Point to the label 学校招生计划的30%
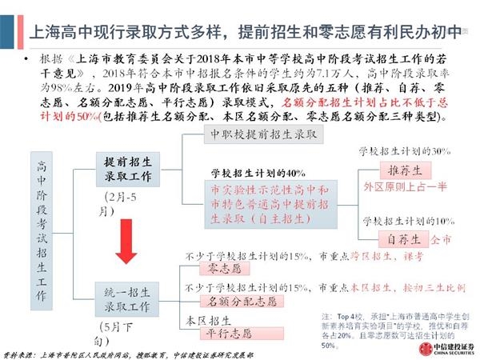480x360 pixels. pyautogui.click(x=406, y=151)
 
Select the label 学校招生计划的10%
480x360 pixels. pyautogui.click(x=406, y=219)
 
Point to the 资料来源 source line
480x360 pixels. pyautogui.click(x=128, y=352)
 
